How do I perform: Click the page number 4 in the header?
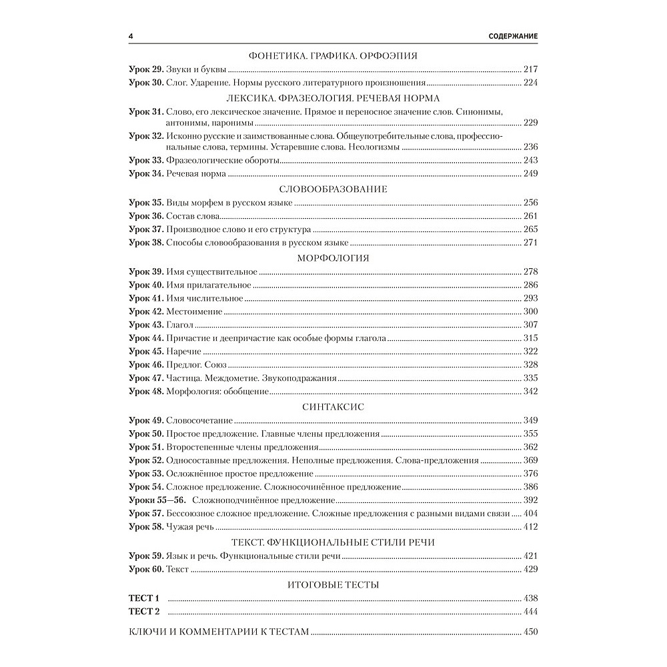(x=131, y=35)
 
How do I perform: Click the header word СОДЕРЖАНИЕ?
(x=513, y=35)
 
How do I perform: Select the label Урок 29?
(x=145, y=69)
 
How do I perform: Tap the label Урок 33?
(x=145, y=160)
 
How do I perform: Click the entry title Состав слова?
(x=193, y=216)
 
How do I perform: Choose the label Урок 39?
(x=145, y=272)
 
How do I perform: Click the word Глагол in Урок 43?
(x=180, y=325)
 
